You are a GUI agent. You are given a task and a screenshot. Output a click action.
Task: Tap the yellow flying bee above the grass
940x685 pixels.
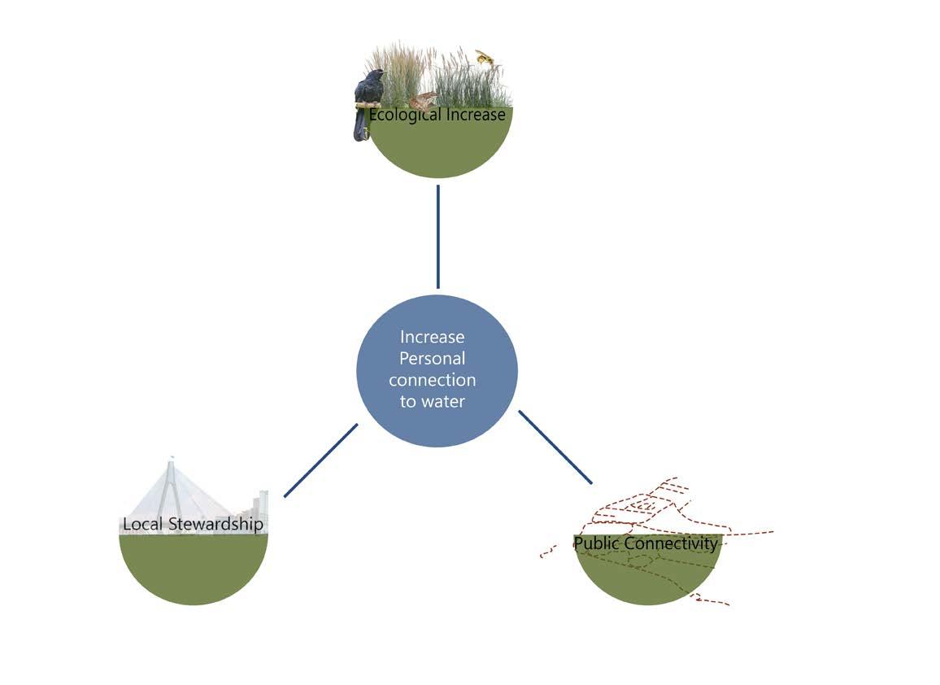tap(485, 58)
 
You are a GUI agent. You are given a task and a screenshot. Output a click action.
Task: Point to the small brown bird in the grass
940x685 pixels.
tap(422, 101)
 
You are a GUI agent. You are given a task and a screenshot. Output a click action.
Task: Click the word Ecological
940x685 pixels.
tap(405, 115)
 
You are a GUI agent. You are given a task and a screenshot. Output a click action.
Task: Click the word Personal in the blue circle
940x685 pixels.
tap(433, 358)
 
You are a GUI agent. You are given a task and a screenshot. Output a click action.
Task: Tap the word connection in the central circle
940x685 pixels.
tap(432, 380)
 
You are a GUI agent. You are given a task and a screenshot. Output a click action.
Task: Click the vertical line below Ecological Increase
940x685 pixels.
tap(438, 236)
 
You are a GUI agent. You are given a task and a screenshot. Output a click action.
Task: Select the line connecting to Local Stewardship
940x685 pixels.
tap(320, 460)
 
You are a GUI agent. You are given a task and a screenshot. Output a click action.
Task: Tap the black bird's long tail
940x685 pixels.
tap(359, 126)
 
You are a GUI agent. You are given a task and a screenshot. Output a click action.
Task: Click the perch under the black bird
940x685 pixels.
tap(368, 104)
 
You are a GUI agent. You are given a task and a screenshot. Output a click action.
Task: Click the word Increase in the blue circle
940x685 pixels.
tap(432, 337)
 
